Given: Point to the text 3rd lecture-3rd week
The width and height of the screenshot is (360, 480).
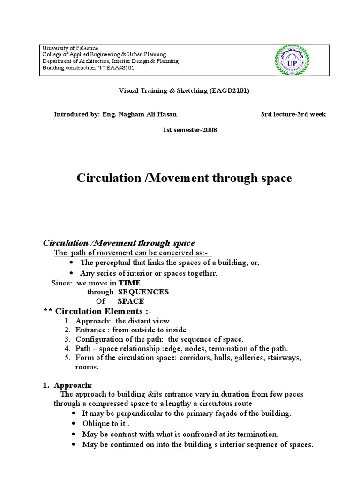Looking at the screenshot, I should (293, 114).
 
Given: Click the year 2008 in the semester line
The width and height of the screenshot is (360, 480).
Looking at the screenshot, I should (209, 129).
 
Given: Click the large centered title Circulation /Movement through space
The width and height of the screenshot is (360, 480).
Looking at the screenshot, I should (184, 178).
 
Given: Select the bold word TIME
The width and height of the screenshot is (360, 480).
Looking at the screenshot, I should (129, 283).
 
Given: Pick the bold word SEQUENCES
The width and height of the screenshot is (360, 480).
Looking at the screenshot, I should (143, 292).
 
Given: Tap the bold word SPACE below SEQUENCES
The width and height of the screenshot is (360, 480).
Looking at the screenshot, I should (131, 301).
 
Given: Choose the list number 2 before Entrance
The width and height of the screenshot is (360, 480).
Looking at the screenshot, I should (67, 330).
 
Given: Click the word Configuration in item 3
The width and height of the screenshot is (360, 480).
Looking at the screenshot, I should (98, 339).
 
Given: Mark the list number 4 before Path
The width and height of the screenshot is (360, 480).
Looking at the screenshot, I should (67, 348).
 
